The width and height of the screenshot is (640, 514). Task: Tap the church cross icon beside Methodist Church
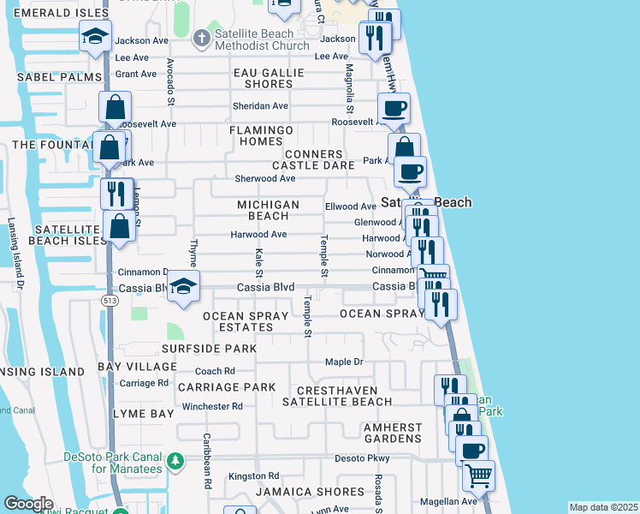pyautogui.click(x=200, y=38)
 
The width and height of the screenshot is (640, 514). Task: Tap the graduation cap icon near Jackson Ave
pyautogui.click(x=95, y=36)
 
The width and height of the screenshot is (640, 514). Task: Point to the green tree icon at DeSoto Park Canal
pyautogui.click(x=175, y=462)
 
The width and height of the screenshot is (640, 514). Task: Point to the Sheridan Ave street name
pyautogui.click(x=260, y=106)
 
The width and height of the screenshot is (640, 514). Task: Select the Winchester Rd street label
pyautogui.click(x=206, y=406)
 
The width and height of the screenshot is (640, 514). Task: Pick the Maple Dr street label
pyautogui.click(x=344, y=362)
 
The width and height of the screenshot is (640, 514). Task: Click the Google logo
pyautogui.click(x=28, y=504)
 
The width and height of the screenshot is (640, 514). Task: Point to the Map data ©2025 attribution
pyautogui.click(x=602, y=507)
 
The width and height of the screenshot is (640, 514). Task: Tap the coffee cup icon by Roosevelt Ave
pyautogui.click(x=394, y=108)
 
